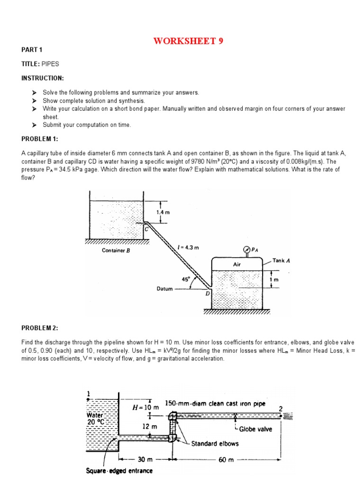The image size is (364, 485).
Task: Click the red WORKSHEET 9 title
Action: [188, 41]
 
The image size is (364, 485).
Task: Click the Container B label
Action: [116, 251]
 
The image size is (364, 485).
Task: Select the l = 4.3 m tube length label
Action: [188, 247]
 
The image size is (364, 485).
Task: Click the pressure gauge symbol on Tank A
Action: [246, 250]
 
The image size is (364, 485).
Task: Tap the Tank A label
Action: [282, 260]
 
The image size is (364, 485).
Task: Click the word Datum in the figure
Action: [164, 288]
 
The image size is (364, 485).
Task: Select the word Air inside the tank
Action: [237, 264]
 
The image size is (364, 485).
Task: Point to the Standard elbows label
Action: [215, 444]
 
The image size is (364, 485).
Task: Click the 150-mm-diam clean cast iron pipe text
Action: [215, 404]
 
